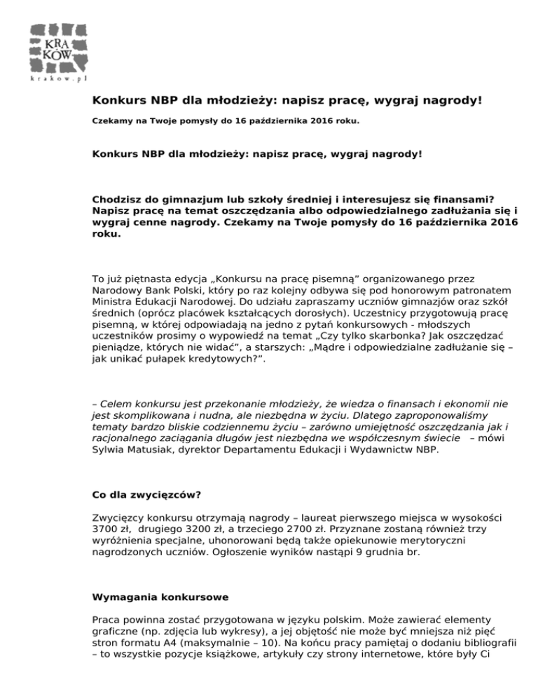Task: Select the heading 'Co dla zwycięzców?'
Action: click(x=147, y=494)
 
